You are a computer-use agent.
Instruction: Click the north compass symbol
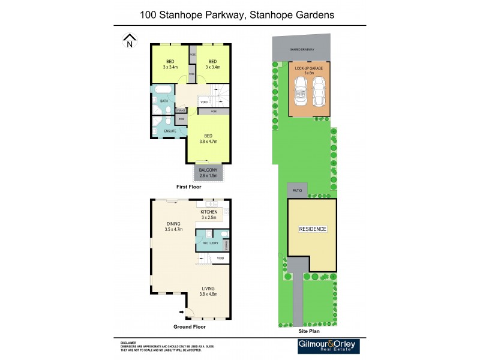coord(129,41)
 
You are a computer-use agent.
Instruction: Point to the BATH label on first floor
coord(163,101)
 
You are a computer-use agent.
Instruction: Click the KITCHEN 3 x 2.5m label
coord(209,214)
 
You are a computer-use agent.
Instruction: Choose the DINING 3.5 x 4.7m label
coord(174,227)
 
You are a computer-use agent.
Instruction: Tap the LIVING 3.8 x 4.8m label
coord(208,292)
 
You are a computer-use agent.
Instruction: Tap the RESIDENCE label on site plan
coord(313,229)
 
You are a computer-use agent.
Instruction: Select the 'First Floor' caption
coord(188,187)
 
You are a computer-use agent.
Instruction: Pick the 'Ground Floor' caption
coord(190,327)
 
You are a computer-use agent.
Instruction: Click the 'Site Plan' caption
coord(308,331)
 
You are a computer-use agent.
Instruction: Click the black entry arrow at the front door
coord(181,311)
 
